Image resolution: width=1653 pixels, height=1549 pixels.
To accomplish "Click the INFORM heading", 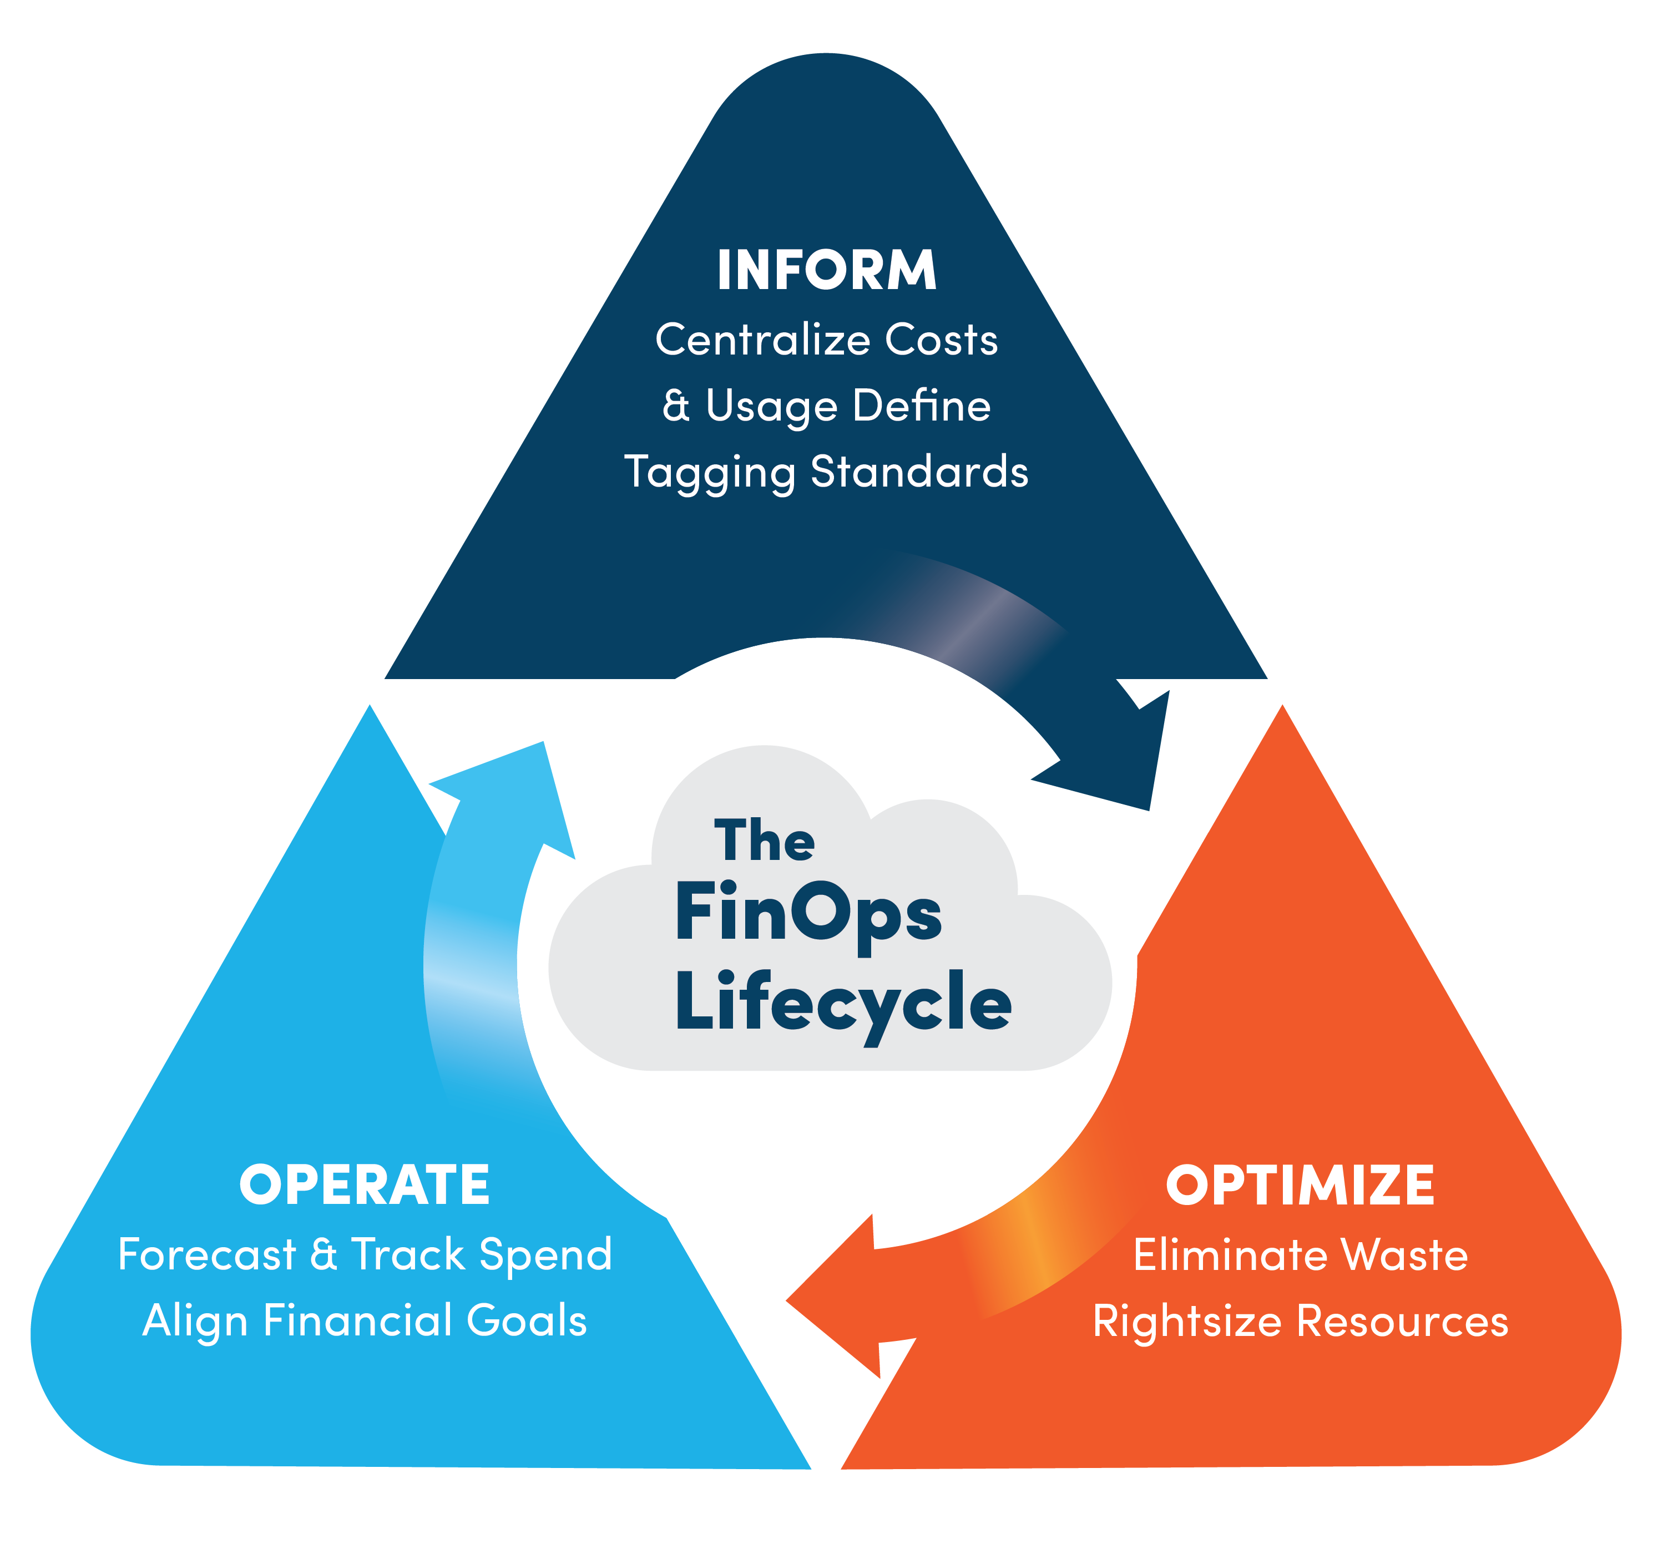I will click(x=827, y=270).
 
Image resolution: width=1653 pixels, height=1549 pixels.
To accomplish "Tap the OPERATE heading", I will click(x=364, y=1185).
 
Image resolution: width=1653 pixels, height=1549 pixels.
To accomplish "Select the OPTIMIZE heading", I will click(x=1300, y=1185).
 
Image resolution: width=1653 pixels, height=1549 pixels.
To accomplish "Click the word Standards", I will click(x=919, y=472).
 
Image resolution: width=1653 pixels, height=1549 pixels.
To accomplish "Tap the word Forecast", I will click(x=207, y=1254).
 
